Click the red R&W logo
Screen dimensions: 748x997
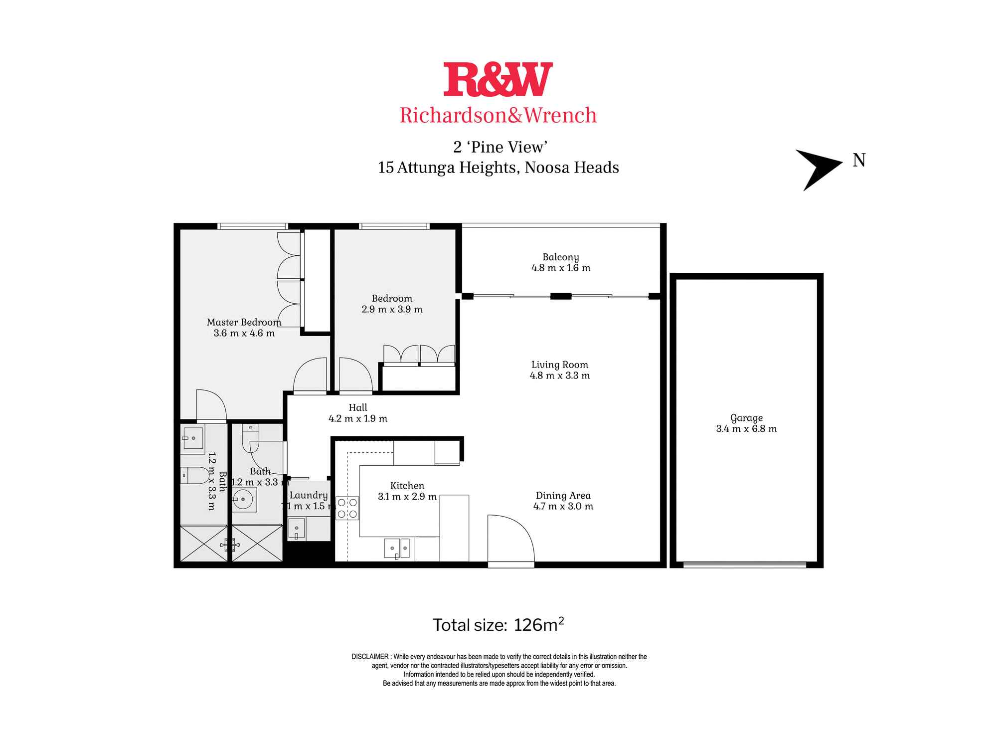click(498, 79)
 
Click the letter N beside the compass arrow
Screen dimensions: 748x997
click(859, 161)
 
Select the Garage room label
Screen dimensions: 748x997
click(746, 418)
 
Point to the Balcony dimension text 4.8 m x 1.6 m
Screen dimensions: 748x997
click(561, 268)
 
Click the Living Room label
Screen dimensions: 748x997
click(559, 365)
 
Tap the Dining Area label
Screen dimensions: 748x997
click(563, 495)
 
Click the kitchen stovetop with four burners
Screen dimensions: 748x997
click(347, 508)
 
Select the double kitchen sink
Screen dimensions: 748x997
click(397, 548)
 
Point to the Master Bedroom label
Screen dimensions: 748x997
click(244, 322)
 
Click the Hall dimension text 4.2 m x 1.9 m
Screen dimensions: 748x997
click(357, 418)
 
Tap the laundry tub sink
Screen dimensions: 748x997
click(297, 529)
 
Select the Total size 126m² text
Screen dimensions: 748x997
click(498, 625)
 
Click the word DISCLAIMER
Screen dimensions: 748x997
click(370, 657)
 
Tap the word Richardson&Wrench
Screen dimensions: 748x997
click(498, 115)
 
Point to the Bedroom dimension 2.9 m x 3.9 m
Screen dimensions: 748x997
click(392, 309)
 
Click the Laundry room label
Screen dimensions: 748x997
click(309, 495)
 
